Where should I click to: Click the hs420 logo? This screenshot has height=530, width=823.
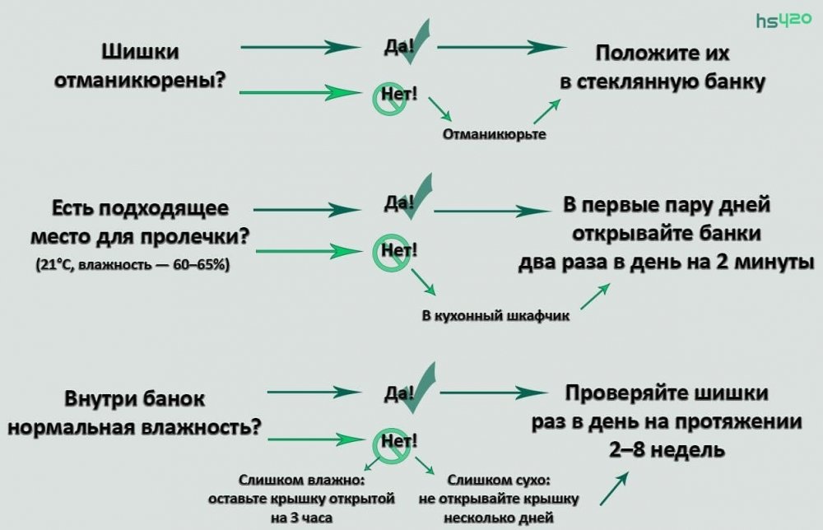(x=783, y=20)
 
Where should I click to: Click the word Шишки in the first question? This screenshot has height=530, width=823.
(x=140, y=52)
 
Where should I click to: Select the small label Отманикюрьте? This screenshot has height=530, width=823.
(x=494, y=132)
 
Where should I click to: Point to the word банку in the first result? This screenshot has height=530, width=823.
(x=735, y=83)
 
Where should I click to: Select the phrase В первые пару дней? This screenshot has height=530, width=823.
(x=667, y=205)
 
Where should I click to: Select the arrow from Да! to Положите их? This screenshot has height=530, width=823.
(x=496, y=48)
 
